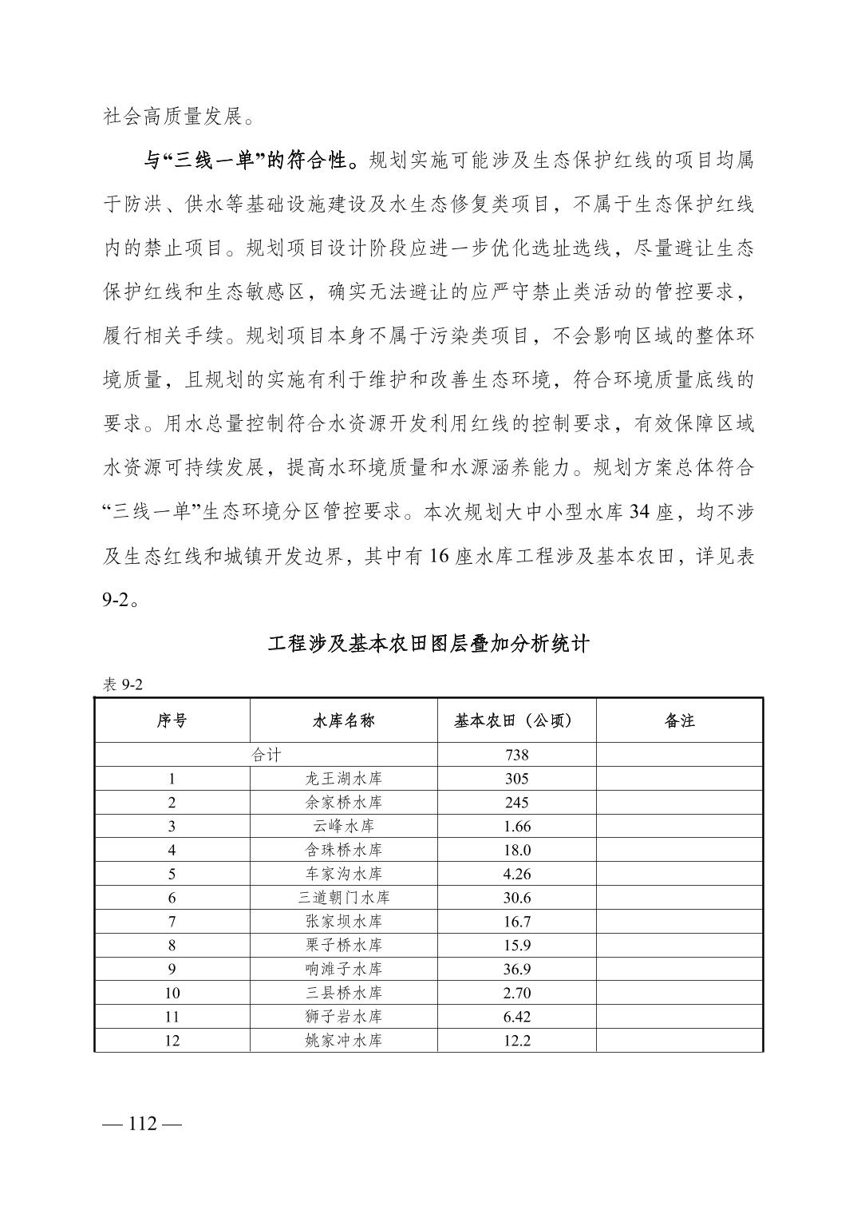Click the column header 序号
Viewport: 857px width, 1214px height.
click(172, 720)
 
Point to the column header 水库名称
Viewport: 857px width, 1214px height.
click(343, 720)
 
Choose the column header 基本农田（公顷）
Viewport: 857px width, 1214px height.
click(516, 720)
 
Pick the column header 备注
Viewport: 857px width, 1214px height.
click(679, 720)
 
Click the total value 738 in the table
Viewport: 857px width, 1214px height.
click(516, 755)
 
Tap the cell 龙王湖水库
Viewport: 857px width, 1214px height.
click(343, 779)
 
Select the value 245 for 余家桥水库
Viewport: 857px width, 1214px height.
click(516, 803)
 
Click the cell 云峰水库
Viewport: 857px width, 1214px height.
click(343, 826)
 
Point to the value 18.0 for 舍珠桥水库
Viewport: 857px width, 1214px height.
click(516, 850)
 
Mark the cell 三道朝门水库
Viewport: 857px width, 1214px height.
click(343, 898)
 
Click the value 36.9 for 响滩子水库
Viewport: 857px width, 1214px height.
click(516, 969)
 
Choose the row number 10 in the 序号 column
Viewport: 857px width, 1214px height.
click(172, 993)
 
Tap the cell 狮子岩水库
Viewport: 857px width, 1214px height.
click(343, 1017)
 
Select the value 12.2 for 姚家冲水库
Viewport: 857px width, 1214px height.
click(516, 1041)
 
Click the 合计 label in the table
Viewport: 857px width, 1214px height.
click(266, 755)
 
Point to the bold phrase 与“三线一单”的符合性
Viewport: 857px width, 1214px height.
click(255, 161)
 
